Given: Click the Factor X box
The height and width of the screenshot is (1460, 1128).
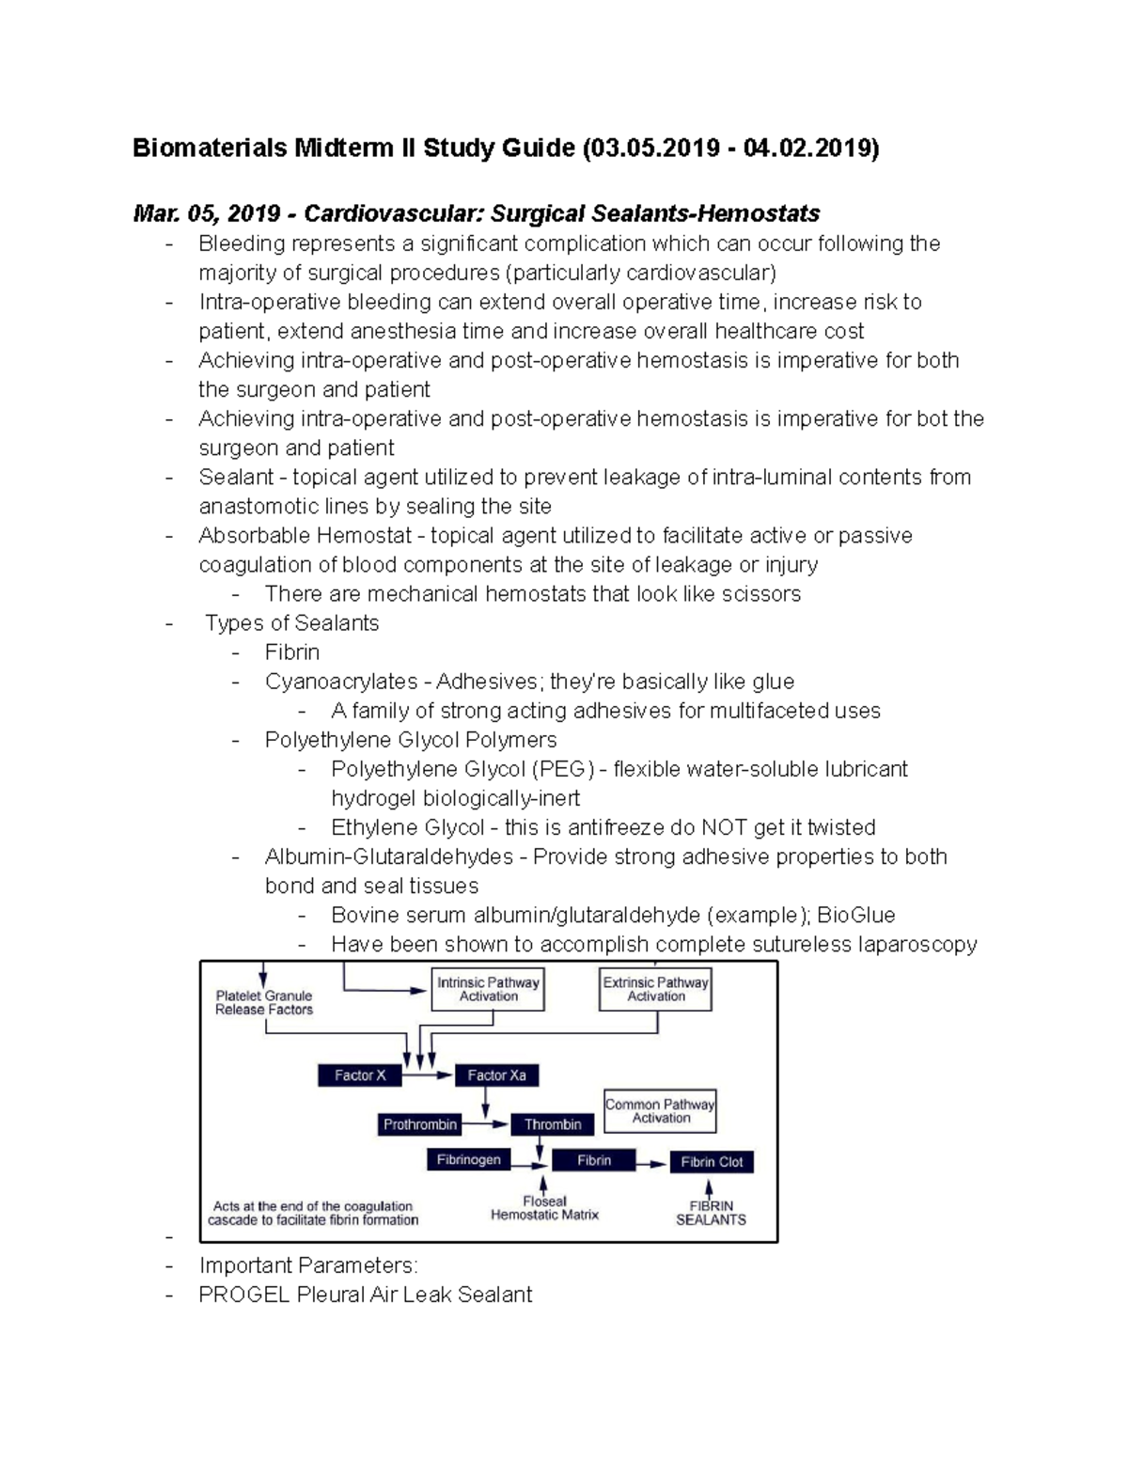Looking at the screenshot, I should tap(360, 1075).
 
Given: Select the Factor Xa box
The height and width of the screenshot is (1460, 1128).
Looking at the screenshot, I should tap(496, 1075).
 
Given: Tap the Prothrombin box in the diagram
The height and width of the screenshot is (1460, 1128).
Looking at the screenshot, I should tap(420, 1124).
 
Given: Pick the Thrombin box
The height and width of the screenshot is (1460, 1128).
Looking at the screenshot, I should tap(553, 1124).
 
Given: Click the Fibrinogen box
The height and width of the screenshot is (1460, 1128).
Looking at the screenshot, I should tap(468, 1160).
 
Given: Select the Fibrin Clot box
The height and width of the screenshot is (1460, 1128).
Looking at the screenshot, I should tap(712, 1162).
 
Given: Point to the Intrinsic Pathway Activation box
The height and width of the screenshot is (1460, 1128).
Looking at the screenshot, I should tap(488, 989).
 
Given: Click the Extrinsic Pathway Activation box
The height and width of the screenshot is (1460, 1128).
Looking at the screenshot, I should tap(655, 989).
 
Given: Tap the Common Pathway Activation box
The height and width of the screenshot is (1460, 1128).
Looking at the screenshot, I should tap(660, 1111).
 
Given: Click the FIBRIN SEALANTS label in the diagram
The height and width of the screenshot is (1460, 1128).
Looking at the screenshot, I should tap(711, 1213).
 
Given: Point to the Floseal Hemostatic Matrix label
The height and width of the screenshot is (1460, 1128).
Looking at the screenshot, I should tap(544, 1208).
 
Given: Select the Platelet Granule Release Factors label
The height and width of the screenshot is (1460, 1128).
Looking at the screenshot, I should tap(264, 1002).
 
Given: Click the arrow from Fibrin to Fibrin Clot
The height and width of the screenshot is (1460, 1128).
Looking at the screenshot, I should tap(650, 1163).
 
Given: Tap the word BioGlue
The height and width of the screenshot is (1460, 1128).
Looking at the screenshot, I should tap(855, 916).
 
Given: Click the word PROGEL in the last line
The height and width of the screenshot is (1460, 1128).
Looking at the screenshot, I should tap(243, 1295).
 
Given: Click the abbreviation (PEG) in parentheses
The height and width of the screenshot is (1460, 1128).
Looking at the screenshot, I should tap(563, 769).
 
